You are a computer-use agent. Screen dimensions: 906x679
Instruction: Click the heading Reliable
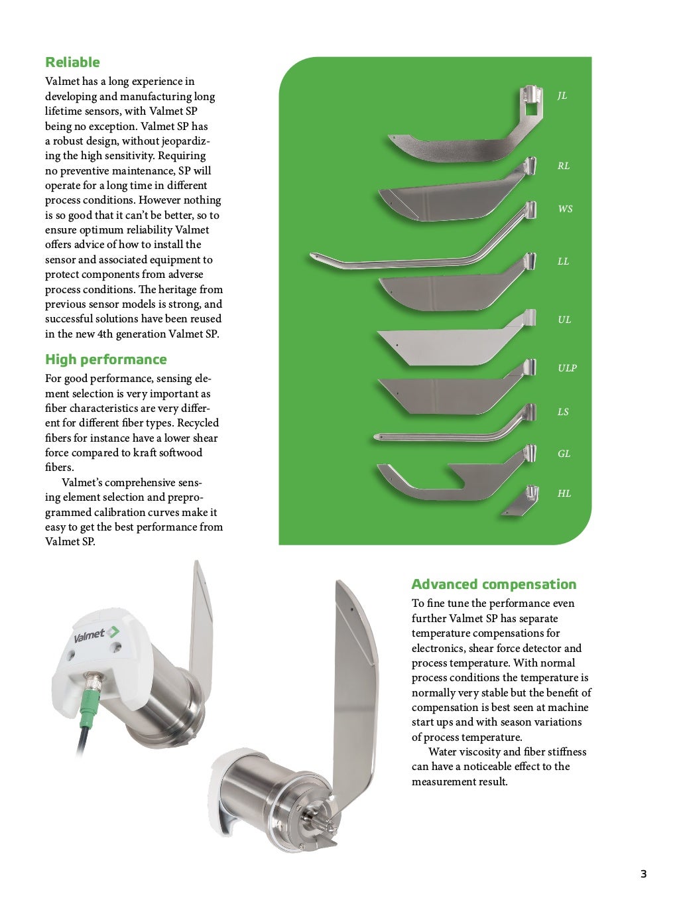(x=72, y=62)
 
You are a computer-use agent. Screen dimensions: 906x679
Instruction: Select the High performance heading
(x=105, y=359)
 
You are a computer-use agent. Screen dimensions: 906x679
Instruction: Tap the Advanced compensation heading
(x=493, y=584)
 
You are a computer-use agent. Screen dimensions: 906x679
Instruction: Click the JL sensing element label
(x=562, y=96)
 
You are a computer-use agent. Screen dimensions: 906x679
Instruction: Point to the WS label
(x=565, y=209)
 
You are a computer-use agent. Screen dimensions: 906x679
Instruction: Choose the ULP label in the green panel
(x=567, y=368)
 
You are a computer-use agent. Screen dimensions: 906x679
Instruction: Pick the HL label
(x=564, y=493)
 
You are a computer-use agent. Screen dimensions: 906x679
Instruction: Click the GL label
(x=564, y=454)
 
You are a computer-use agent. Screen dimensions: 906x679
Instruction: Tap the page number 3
(x=643, y=874)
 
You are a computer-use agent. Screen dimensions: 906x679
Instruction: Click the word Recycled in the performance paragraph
(x=198, y=423)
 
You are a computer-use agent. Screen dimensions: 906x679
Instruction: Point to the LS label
(x=563, y=412)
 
